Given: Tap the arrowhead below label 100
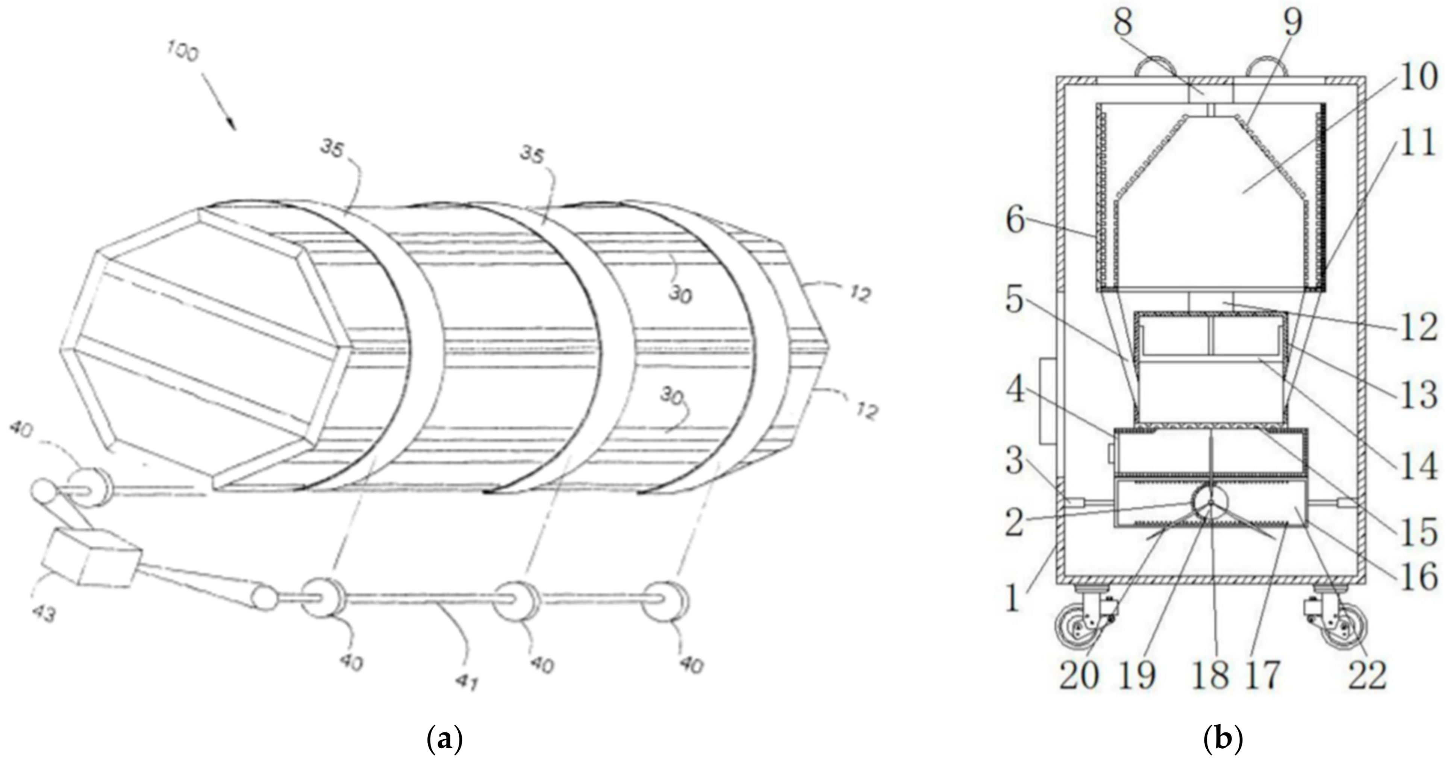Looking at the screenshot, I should tap(232, 124).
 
